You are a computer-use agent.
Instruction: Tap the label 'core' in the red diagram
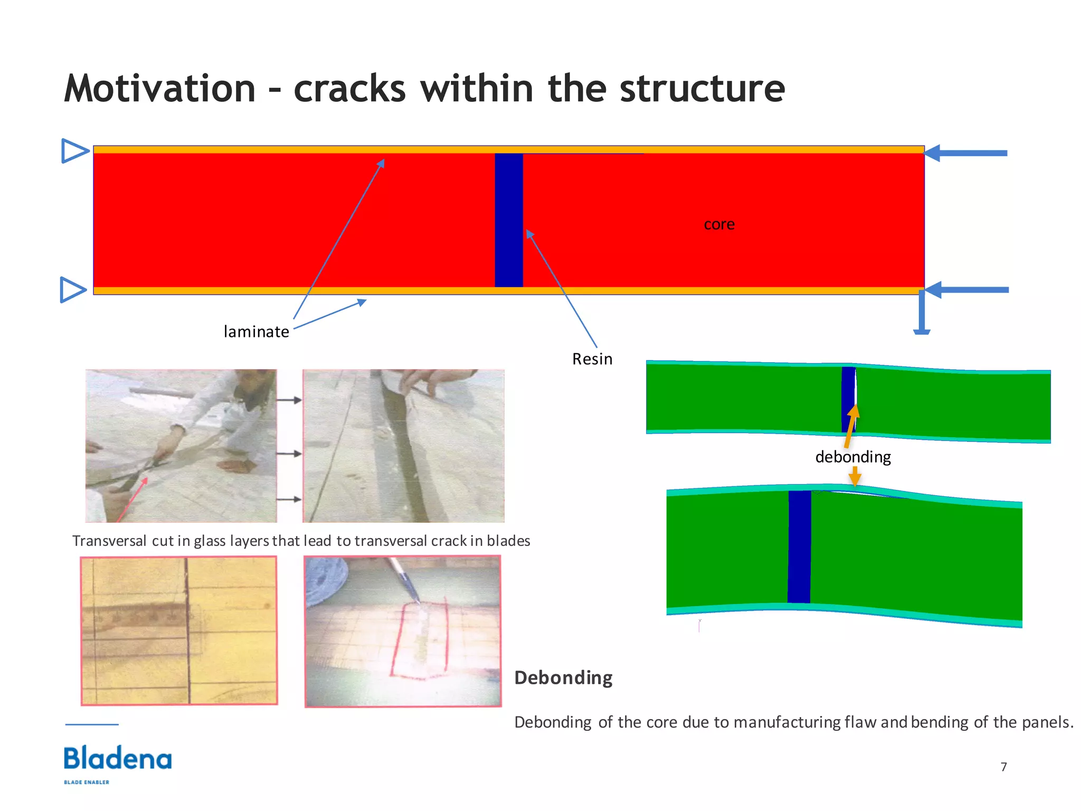(719, 224)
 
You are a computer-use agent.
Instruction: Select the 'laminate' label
(256, 332)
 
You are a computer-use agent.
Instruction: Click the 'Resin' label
(592, 359)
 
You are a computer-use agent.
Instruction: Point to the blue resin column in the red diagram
(508, 220)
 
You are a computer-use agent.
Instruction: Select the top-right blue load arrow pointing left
(966, 153)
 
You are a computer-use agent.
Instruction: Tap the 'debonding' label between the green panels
(853, 457)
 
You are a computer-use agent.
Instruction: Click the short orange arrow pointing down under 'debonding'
(855, 477)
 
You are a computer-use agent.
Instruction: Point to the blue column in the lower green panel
(799, 546)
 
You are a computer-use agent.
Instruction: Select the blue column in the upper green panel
(848, 400)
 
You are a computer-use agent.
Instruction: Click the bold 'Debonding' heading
(563, 677)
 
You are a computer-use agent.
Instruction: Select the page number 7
(1003, 767)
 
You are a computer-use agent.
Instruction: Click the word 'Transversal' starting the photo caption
(109, 541)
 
